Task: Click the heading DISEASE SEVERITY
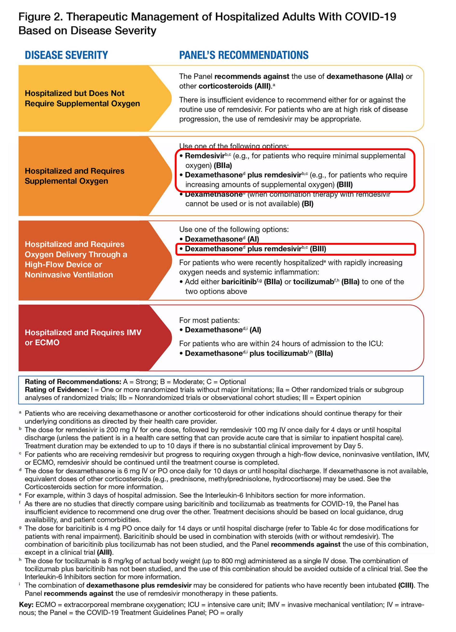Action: pos(66,55)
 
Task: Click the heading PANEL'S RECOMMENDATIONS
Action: pos(243,55)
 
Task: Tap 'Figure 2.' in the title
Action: pos(41,17)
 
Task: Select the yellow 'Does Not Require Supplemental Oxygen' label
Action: pos(82,98)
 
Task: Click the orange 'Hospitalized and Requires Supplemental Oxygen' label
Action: pos(75,176)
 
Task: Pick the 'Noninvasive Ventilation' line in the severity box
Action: pos(69,275)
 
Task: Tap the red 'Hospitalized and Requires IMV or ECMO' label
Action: pos(83,337)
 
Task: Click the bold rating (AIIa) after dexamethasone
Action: pos(394,76)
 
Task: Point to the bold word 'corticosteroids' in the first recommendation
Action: pos(225,86)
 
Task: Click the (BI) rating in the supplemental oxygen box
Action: pos(307,204)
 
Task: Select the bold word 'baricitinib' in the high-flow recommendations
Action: pos(239,282)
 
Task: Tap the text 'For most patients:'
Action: pos(209,320)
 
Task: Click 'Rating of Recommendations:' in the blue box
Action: pos(73,382)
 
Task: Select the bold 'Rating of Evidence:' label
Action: pos(57,390)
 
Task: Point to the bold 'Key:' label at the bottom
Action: pos(26,605)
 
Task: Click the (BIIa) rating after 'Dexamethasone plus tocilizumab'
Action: pos(324,353)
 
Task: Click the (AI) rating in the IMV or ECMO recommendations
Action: pos(255,330)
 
